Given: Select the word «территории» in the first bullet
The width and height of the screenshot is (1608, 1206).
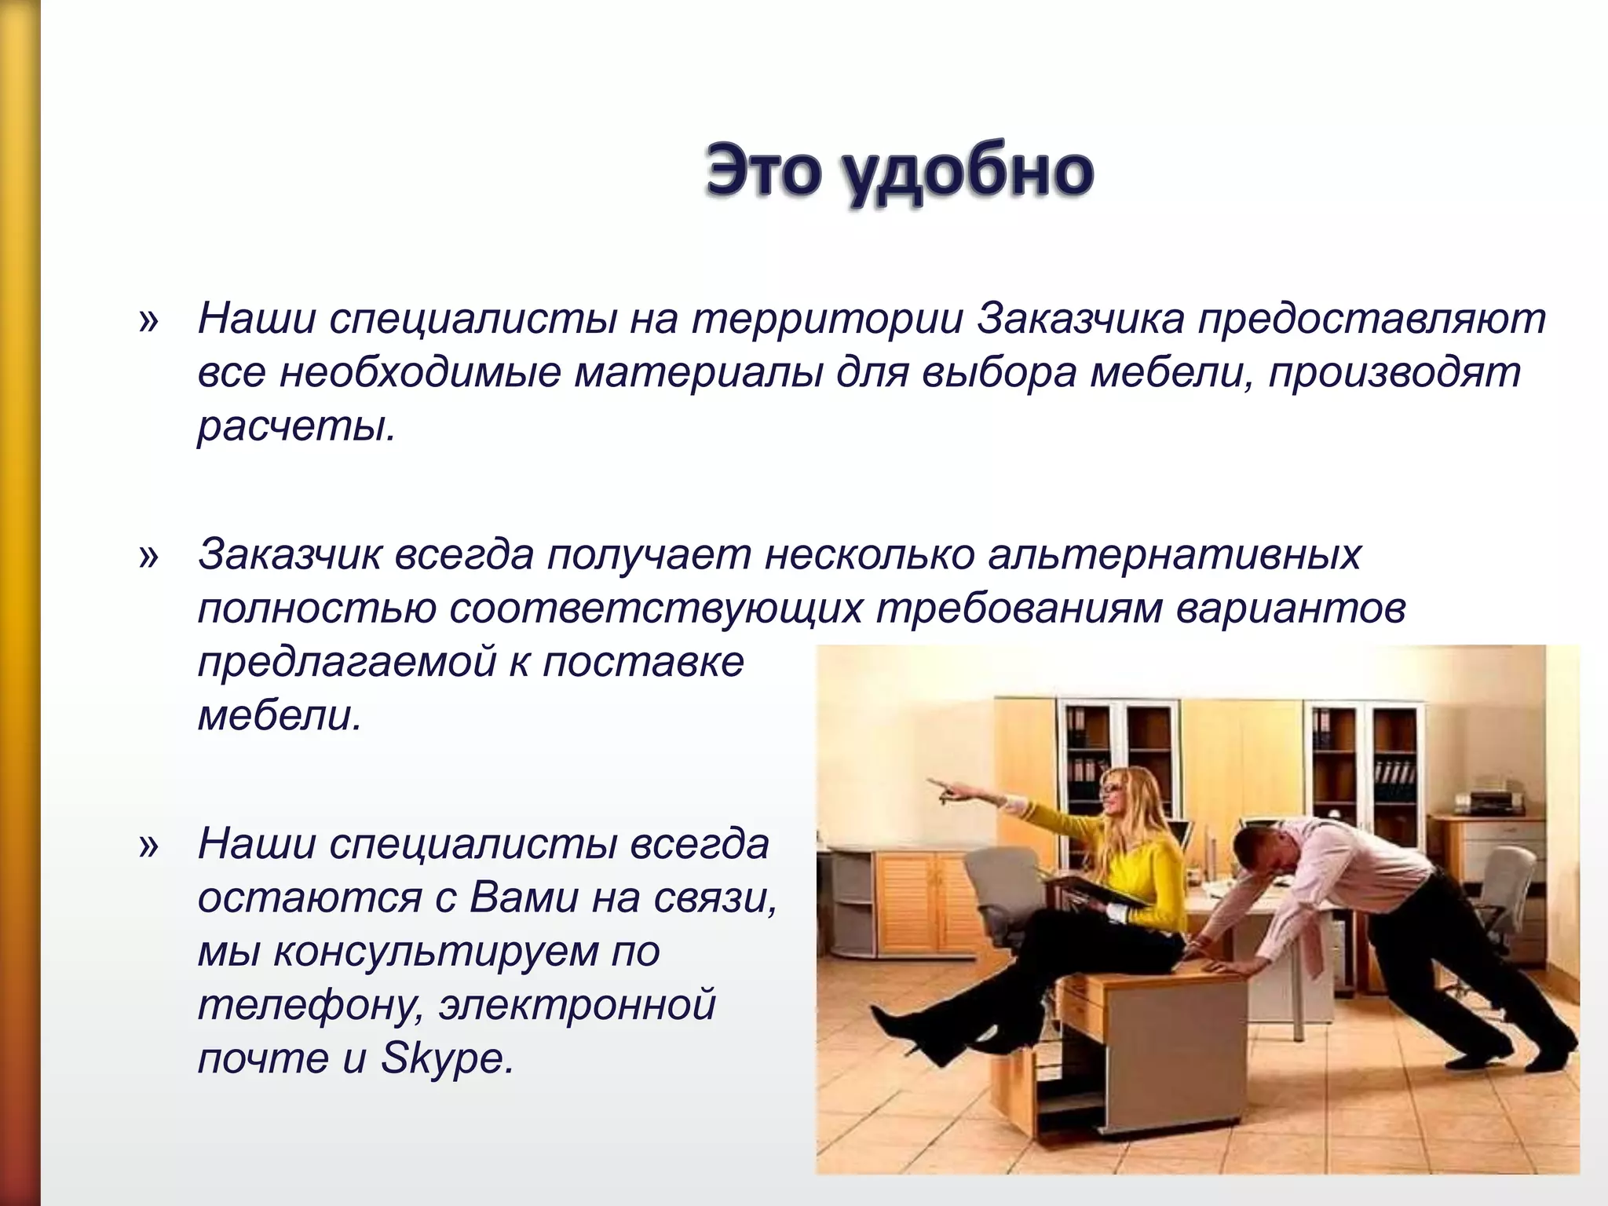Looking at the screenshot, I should [x=828, y=320].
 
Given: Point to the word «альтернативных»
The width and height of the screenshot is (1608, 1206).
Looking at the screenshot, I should [x=1174, y=554].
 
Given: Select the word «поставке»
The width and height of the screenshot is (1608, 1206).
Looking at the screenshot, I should [x=643, y=662].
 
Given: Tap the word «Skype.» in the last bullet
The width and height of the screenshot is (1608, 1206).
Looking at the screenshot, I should [x=447, y=1058].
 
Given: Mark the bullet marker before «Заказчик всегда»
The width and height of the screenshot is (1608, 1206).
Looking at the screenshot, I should [x=148, y=557].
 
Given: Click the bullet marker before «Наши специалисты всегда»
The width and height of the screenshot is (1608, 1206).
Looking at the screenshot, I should [x=148, y=846].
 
